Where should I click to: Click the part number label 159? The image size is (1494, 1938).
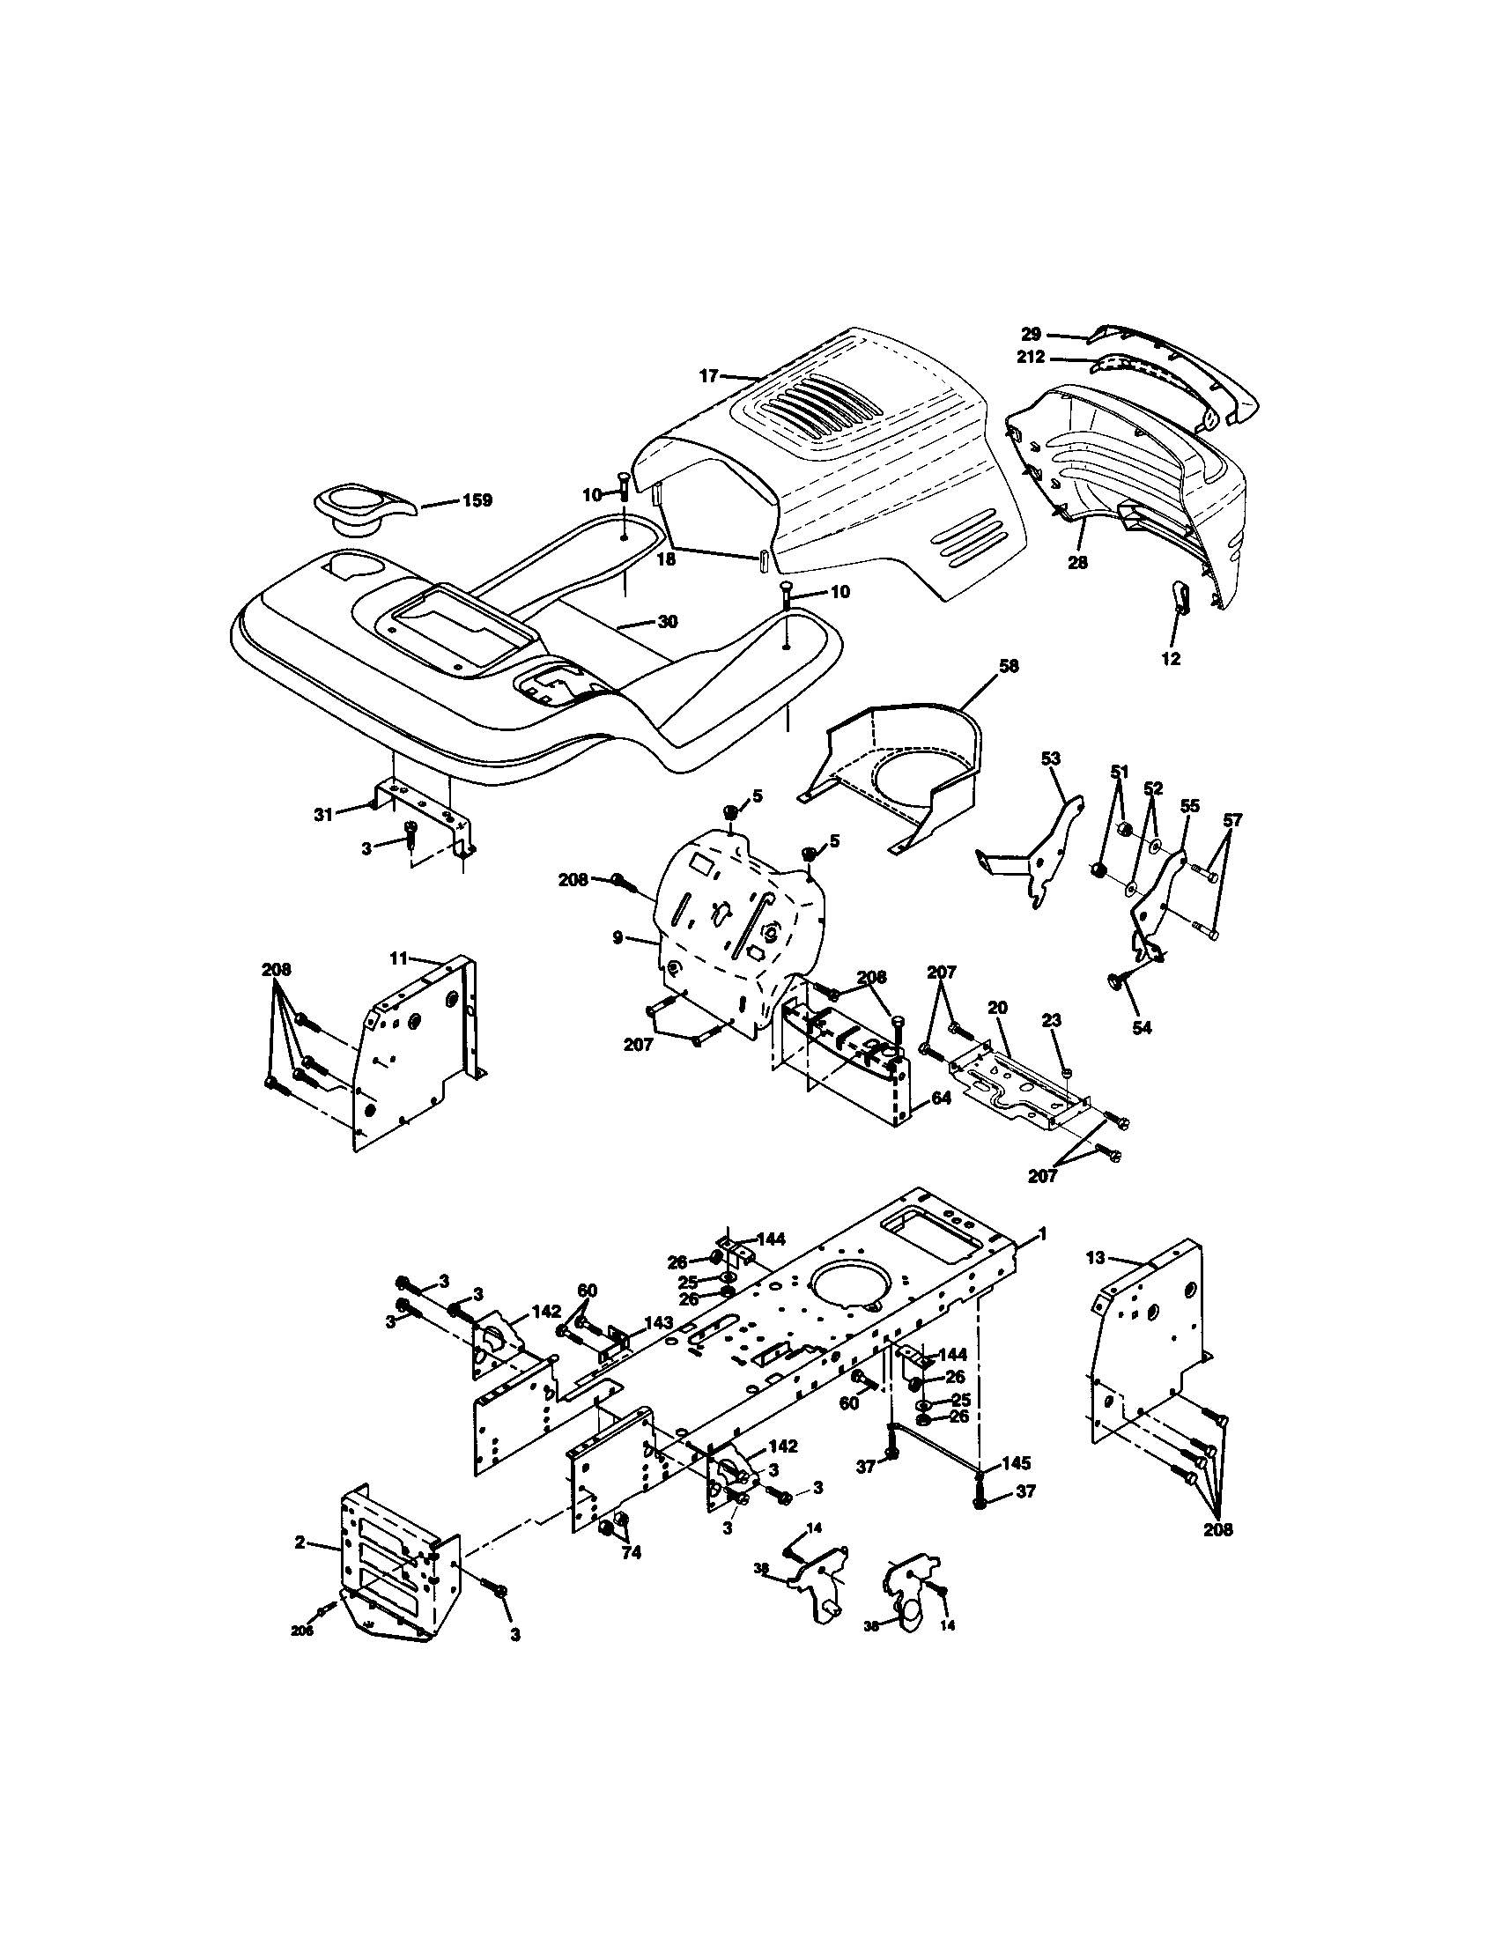[477, 500]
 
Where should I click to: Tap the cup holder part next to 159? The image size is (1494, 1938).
[363, 507]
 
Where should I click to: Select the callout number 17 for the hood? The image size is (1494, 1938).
[708, 376]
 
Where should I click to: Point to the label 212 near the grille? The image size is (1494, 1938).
[1032, 359]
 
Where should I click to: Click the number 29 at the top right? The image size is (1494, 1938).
[1030, 335]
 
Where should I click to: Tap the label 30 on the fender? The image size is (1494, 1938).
[668, 622]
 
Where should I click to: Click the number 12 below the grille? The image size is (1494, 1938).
[1171, 659]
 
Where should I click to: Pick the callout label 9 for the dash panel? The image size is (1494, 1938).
[618, 937]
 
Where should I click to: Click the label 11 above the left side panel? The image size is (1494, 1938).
[398, 958]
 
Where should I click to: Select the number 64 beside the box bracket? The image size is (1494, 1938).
[942, 1098]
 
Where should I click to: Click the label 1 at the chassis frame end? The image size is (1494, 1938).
[1043, 1233]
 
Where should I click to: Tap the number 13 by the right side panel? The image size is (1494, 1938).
[1096, 1256]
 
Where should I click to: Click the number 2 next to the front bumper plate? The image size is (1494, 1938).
[300, 1543]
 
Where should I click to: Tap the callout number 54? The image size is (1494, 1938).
[1142, 1027]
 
